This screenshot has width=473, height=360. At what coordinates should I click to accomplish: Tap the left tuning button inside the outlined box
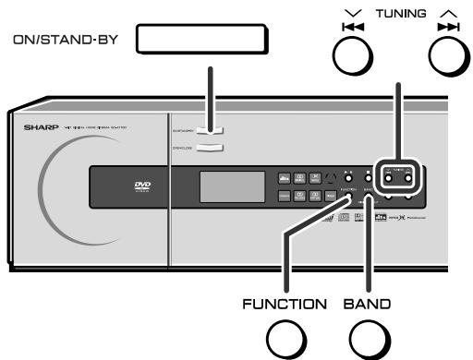391,178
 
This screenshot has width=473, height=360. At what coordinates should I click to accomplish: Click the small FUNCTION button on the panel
349,177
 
